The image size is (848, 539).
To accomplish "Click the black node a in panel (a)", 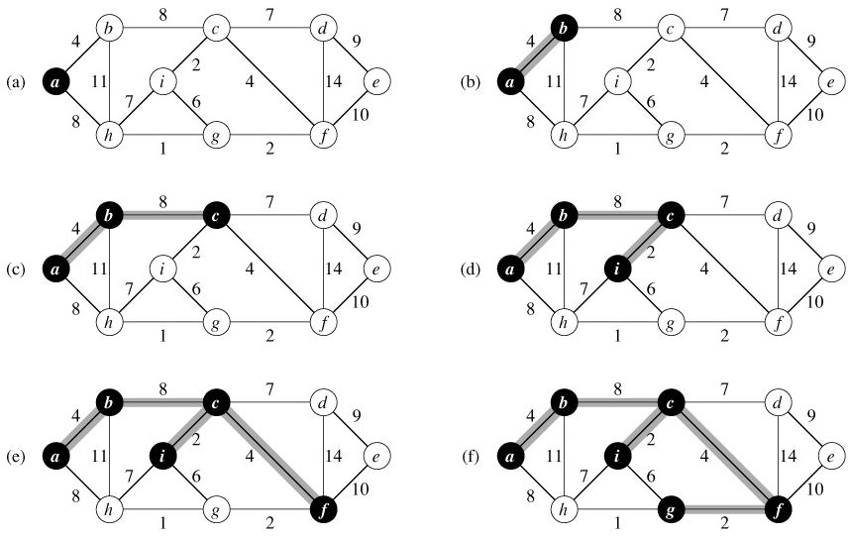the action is pyautogui.click(x=55, y=82).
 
